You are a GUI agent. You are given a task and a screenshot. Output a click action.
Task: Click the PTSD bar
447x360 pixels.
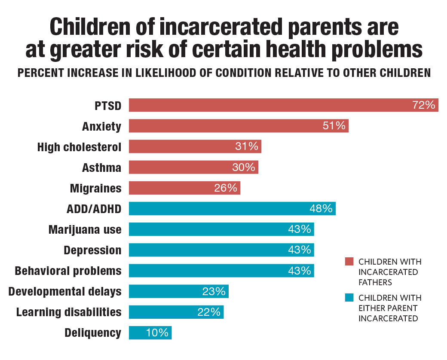(283, 105)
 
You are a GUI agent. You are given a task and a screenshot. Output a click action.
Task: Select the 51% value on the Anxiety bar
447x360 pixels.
(334, 126)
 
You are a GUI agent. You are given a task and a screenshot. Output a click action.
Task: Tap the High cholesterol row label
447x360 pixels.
(79, 147)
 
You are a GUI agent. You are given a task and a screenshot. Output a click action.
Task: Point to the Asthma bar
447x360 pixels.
(193, 167)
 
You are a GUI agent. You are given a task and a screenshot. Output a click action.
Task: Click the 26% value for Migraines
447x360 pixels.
(226, 188)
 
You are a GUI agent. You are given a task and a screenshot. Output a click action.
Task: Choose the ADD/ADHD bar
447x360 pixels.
(232, 208)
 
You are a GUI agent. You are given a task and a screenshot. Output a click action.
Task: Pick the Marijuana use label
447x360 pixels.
(85, 230)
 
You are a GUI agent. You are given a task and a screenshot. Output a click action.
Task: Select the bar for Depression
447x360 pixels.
(221, 250)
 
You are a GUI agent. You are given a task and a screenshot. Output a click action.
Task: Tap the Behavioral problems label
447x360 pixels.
(68, 271)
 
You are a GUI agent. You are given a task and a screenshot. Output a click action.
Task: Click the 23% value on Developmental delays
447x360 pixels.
(214, 291)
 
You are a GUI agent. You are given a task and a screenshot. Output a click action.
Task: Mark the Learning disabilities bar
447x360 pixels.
(176, 312)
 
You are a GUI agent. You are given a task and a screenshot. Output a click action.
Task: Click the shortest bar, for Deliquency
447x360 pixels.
(150, 333)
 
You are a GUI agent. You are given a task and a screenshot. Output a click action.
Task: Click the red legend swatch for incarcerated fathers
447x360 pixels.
(349, 261)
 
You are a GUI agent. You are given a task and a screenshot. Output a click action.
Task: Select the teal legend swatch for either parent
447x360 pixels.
(349, 298)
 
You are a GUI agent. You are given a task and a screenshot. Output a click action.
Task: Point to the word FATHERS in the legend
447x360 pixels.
(375, 283)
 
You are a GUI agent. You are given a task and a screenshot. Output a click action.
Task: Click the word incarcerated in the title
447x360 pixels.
(220, 27)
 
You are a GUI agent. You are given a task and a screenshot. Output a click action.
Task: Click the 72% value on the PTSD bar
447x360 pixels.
(424, 105)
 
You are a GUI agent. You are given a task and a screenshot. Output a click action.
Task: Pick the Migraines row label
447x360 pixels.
(96, 189)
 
